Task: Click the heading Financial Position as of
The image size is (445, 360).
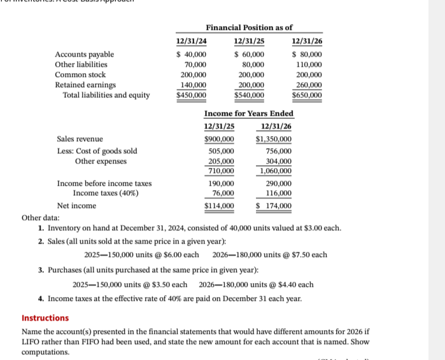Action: pyautogui.click(x=249, y=27)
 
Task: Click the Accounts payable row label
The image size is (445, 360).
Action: pyautogui.click(x=85, y=55)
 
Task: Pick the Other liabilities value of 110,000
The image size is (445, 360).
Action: pyautogui.click(x=309, y=65)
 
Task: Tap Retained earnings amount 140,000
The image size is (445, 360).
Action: pyautogui.click(x=194, y=85)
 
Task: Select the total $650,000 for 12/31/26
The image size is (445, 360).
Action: pyautogui.click(x=307, y=95)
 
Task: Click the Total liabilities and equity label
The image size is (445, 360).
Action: pyautogui.click(x=106, y=95)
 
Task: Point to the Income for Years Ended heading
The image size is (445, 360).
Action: pyautogui.click(x=248, y=113)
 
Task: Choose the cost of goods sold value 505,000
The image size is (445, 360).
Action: pyautogui.click(x=221, y=151)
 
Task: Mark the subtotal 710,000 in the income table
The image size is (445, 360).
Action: pyautogui.click(x=221, y=171)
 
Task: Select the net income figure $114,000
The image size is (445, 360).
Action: pyautogui.click(x=219, y=206)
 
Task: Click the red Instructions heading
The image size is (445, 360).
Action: pyautogui.click(x=45, y=318)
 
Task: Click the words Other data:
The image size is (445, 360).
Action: pyautogui.click(x=40, y=218)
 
